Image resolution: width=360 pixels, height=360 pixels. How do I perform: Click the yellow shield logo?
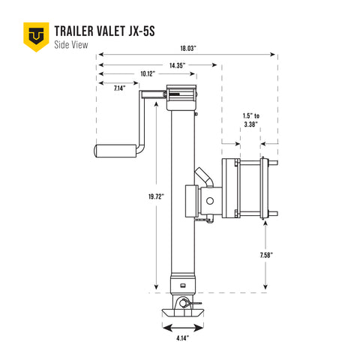pos(34,34)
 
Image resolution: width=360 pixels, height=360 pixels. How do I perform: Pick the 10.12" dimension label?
pos(147,74)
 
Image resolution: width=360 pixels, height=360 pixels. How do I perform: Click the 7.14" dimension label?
pos(119,88)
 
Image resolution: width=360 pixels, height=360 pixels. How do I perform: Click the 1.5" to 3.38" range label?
pos(252,121)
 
